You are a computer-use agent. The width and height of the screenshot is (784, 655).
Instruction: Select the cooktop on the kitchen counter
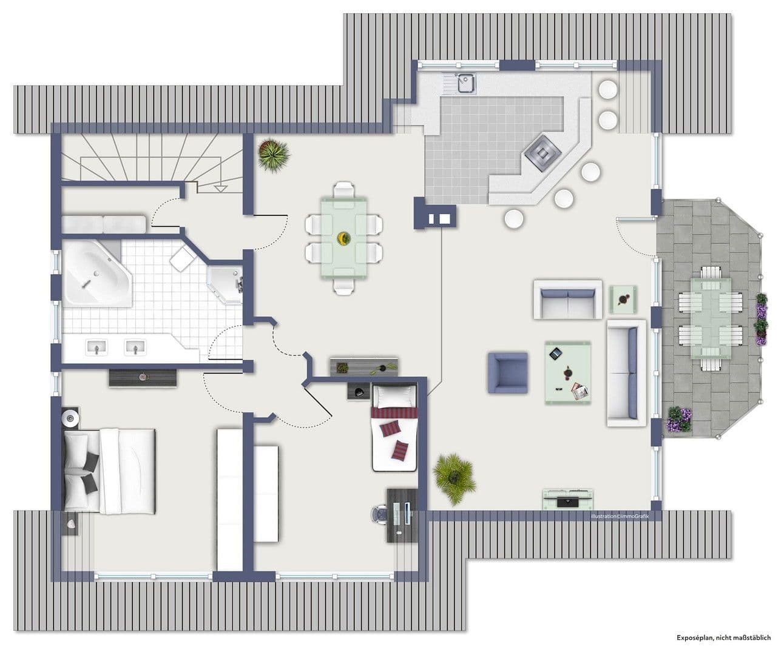coord(543,153)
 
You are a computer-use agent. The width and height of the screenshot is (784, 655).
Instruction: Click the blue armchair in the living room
coord(508,372)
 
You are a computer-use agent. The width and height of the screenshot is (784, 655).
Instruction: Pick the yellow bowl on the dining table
coord(343,238)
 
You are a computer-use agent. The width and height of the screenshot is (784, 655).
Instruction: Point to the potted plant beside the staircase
coord(274,155)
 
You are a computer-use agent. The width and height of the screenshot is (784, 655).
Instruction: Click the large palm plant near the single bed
coord(455,479)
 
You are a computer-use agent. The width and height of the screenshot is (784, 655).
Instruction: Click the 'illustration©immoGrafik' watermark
coord(620,517)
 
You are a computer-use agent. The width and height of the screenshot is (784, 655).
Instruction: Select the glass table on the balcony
coord(711,318)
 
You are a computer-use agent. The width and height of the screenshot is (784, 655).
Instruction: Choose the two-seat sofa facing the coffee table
coord(568,299)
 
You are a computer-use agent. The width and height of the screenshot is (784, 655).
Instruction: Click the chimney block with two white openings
coord(435,213)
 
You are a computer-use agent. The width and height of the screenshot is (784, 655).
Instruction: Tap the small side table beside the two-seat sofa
coord(623,300)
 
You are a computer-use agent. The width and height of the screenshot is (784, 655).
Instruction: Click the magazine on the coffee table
coord(580,391)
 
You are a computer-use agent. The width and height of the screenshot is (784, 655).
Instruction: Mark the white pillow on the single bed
coord(394,397)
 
